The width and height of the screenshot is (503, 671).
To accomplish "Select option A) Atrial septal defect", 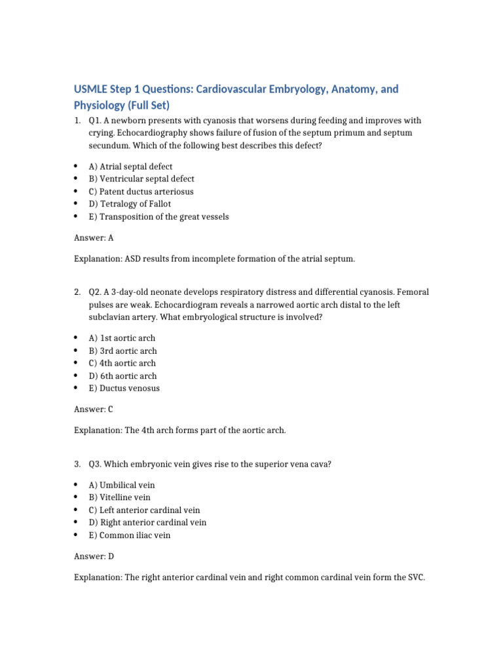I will coord(131,166).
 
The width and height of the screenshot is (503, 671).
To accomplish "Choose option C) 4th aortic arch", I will coord(122,363).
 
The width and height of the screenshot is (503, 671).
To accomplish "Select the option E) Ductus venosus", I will coord(124,388).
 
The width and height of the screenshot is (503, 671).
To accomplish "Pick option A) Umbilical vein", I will coord(122,485).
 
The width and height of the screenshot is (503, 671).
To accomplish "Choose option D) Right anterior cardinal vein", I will coord(147,522).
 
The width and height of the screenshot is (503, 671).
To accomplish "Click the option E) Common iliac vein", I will coord(130,535).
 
